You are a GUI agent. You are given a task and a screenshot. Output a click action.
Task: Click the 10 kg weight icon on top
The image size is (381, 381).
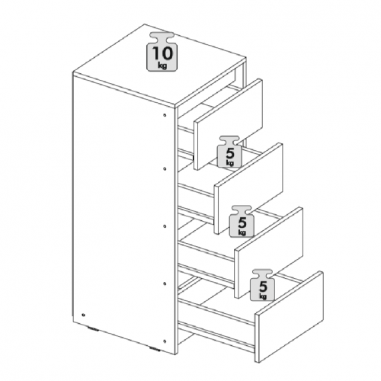tap(162, 52)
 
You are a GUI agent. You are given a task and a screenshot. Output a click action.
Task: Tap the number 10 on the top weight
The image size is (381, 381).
tap(162, 53)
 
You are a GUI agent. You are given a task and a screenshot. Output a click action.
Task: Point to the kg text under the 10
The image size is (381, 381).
tap(162, 66)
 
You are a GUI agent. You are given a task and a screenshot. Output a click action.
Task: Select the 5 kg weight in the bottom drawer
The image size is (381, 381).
tap(263, 285)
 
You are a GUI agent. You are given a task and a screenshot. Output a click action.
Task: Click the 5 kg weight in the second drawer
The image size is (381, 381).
tap(229, 152)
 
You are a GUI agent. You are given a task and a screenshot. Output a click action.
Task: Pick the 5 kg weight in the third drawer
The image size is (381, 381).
tap(242, 222)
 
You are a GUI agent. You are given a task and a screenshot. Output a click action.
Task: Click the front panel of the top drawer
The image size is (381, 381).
tap(229, 124)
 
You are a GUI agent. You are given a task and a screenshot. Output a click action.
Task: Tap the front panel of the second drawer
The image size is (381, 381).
tap(248, 188)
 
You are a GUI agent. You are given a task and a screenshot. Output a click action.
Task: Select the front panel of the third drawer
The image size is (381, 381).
tap(269, 252)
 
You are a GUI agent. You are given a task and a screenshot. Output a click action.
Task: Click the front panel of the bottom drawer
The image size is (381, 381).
tap(290, 316)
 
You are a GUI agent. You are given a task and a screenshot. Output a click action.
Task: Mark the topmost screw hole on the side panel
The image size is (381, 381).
tap(165, 115)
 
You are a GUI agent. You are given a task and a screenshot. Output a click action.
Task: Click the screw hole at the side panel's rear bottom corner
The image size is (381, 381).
tap(84, 315)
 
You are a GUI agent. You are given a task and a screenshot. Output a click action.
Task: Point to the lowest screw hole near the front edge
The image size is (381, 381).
tap(165, 341)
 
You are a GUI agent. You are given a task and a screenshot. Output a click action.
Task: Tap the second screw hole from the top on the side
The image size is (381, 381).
tap(165, 168)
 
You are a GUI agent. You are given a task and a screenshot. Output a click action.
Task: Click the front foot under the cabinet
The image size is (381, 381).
tap(155, 348)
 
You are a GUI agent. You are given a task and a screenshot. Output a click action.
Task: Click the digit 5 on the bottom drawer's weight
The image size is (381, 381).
tap(263, 287)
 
